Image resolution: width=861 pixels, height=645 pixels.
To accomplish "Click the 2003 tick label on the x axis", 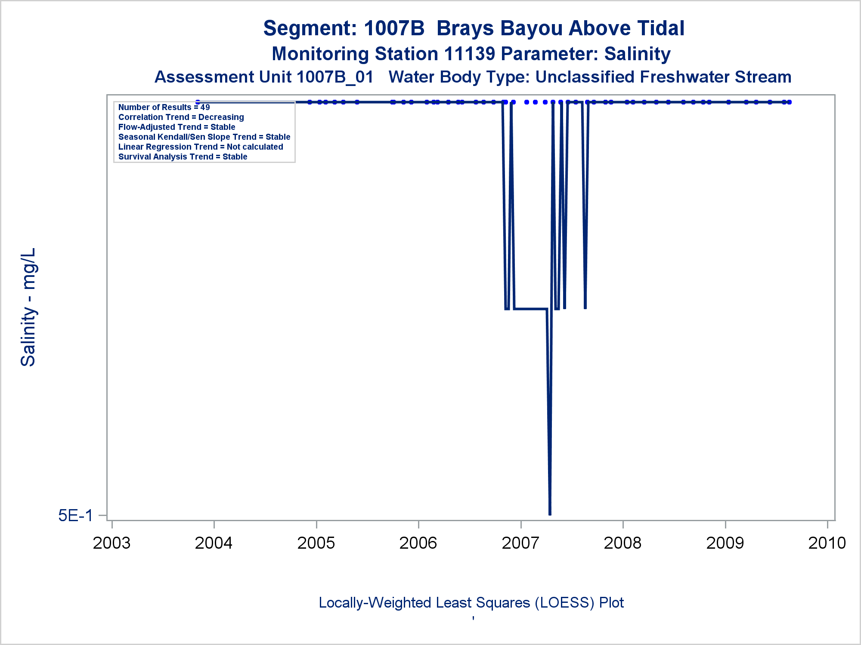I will [111, 543].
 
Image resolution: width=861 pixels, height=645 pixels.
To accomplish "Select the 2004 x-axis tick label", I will [214, 543].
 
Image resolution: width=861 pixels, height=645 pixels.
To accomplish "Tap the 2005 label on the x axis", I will [316, 543].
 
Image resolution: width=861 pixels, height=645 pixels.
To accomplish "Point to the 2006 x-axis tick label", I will [418, 543].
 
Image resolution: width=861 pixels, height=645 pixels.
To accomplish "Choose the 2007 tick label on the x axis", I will [520, 543].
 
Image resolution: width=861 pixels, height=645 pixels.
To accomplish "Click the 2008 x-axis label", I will [623, 543].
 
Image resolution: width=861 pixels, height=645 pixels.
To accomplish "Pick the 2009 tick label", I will [725, 543].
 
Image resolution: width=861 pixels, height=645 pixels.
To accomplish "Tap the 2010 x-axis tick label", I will [827, 543].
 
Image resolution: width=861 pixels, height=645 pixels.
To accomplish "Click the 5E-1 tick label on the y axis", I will [75, 515].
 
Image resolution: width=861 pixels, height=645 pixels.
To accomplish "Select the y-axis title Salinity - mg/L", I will [28, 307].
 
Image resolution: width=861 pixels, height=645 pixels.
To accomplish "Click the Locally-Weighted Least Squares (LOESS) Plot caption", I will [471, 603].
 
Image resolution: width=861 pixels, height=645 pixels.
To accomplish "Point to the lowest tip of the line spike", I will [550, 514].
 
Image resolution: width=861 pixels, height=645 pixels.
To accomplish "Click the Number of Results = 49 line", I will [164, 107].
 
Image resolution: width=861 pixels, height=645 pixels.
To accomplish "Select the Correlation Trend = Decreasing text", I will [181, 117].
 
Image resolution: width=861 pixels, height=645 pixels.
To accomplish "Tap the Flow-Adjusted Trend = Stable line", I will [177, 127].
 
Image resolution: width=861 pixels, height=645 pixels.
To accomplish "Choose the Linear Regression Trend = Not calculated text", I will [201, 147].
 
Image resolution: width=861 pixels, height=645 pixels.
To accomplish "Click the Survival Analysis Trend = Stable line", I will [183, 157].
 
